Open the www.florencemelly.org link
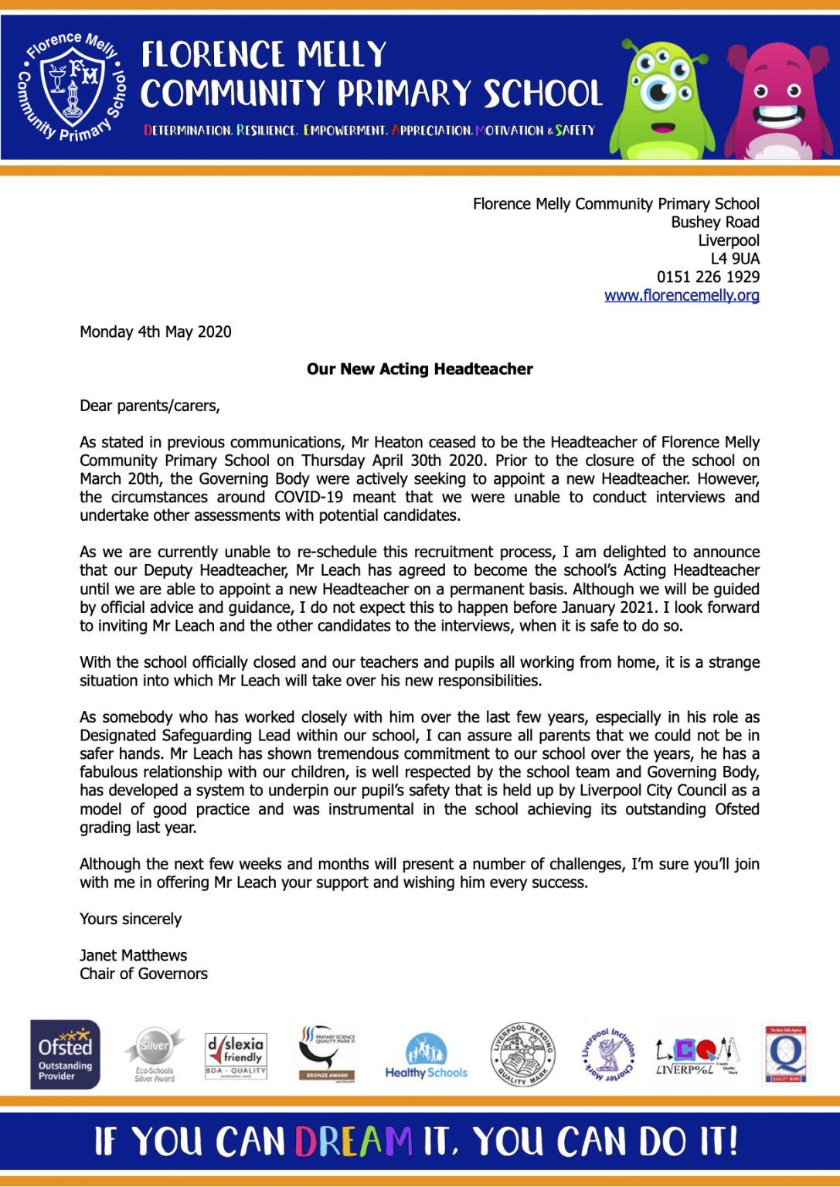pyautogui.click(x=682, y=295)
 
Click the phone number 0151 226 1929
pyautogui.click(x=708, y=277)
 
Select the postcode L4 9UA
pyautogui.click(x=734, y=258)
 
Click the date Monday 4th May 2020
pyautogui.click(x=155, y=332)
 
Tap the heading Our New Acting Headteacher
pyautogui.click(x=420, y=369)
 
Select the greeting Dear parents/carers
pyautogui.click(x=149, y=406)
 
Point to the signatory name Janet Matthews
pyautogui.click(x=133, y=955)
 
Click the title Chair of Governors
pyautogui.click(x=143, y=974)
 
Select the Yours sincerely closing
pyautogui.click(x=130, y=919)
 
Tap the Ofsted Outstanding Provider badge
pyautogui.click(x=65, y=1054)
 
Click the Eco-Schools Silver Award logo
pyautogui.click(x=154, y=1055)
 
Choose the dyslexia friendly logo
pyautogui.click(x=236, y=1055)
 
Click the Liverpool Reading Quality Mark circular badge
pyautogui.click(x=523, y=1054)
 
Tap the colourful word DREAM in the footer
pyautogui.click(x=353, y=1141)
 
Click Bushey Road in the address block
pyautogui.click(x=715, y=222)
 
